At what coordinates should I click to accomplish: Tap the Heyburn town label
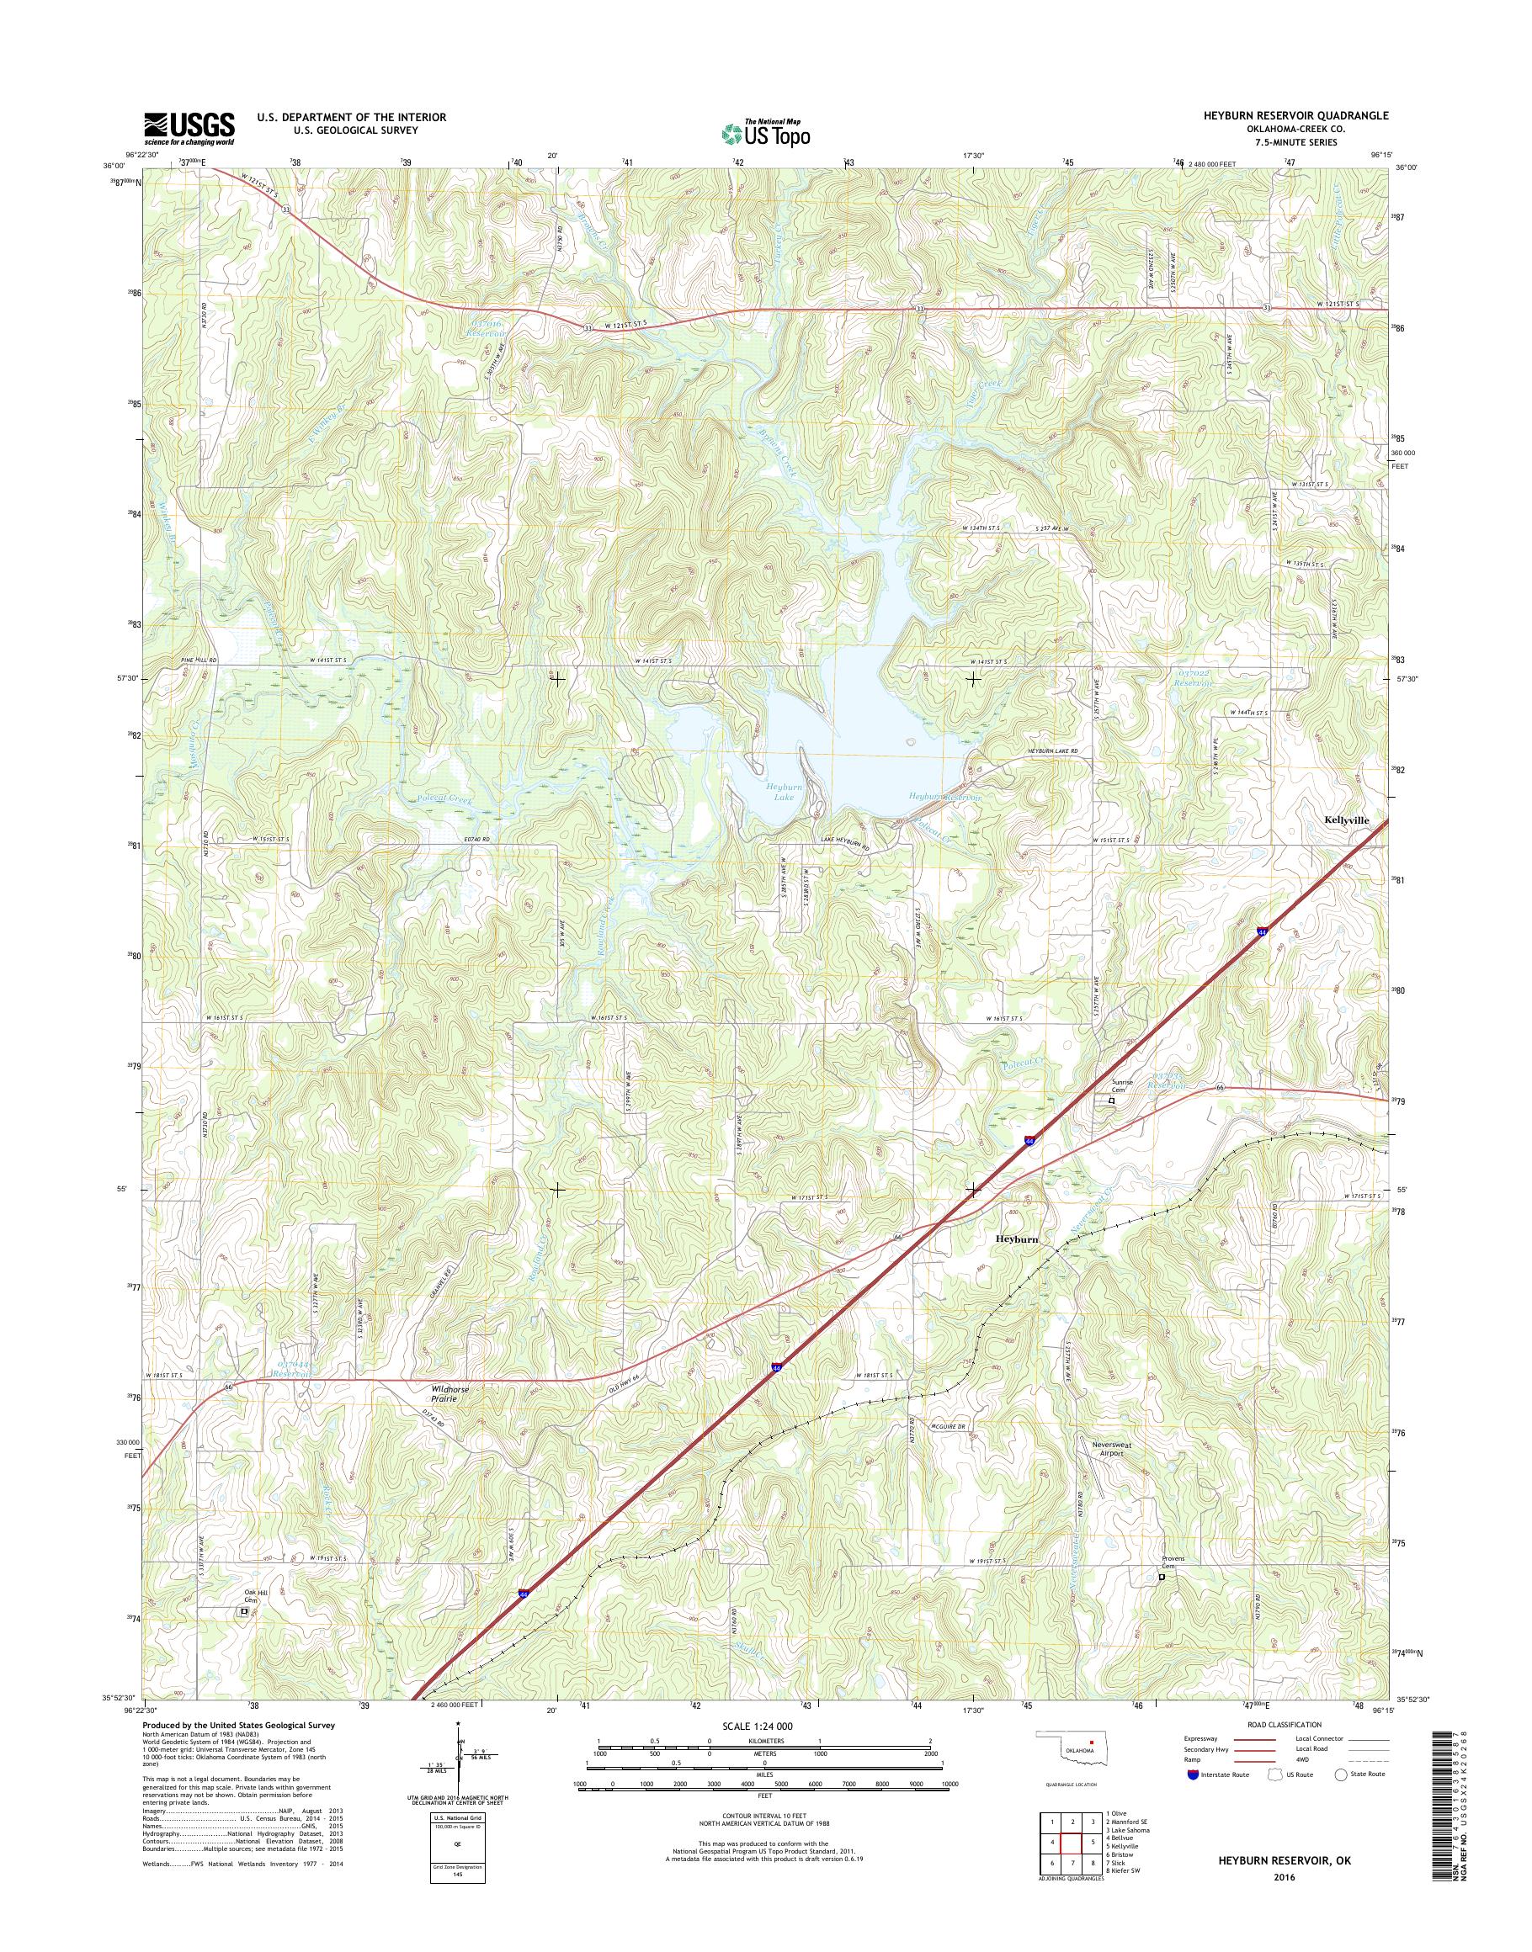pos(1016,1239)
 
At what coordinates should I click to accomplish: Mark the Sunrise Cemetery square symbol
pos(1112,1101)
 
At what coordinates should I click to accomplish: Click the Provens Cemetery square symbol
pos(1162,1601)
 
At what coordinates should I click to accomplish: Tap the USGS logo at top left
pos(189,128)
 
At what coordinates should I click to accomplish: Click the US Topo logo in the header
pos(765,134)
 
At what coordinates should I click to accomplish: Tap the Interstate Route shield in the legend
pos(1192,1774)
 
